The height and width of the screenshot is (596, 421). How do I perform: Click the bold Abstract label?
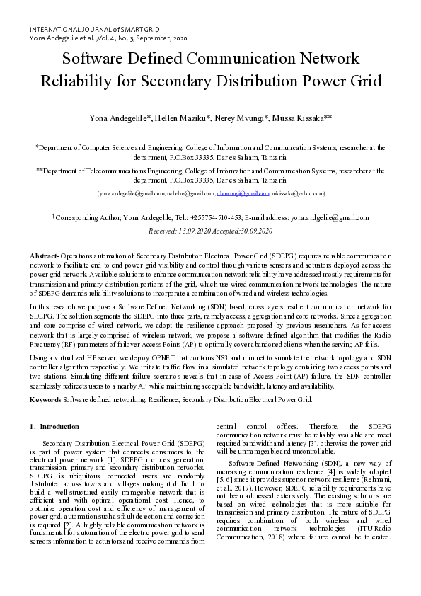click(44, 254)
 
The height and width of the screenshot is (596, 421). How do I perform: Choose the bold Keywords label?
click(44, 399)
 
